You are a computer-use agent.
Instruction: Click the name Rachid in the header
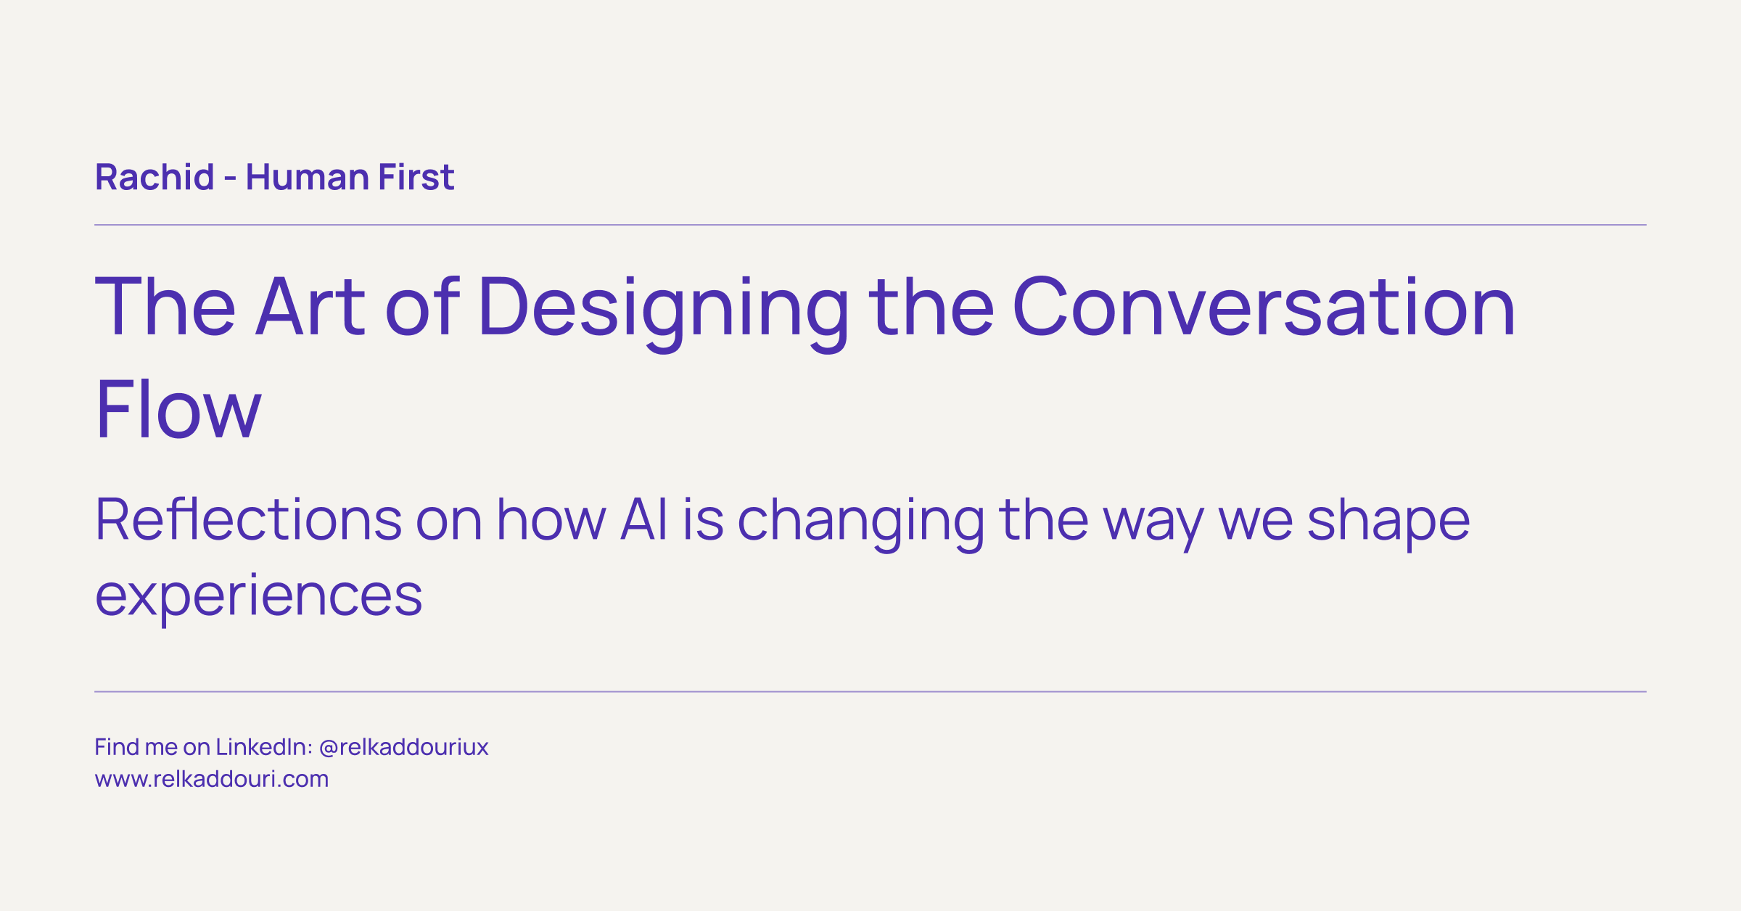tap(155, 178)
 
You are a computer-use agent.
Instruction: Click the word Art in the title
tap(310, 308)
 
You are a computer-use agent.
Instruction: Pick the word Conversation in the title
tap(1263, 308)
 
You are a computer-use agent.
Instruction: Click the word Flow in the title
tap(178, 409)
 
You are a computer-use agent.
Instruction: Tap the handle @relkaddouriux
tap(403, 747)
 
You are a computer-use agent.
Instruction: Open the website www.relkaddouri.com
tap(212, 779)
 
